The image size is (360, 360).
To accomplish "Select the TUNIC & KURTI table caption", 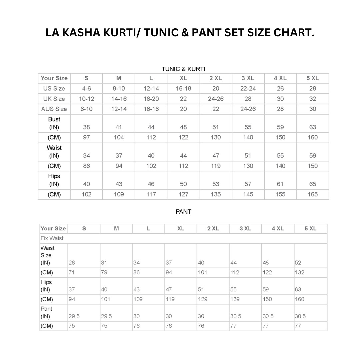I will (183, 69).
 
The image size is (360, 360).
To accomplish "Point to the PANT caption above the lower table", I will (183, 212).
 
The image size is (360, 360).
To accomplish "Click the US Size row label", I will (54, 88).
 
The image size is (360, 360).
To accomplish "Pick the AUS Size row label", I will (54, 109).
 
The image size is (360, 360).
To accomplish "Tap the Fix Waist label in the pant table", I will (52, 238).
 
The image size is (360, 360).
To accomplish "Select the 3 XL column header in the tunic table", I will (248, 78).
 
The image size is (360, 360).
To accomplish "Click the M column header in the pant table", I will (116, 229).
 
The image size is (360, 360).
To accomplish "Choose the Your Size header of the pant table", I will (53, 229).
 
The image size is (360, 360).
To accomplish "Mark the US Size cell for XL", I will (183, 88).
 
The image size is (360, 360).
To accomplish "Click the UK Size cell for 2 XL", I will (216, 99).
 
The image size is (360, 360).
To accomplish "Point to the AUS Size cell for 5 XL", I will (313, 109).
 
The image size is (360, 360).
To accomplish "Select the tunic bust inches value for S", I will (86, 127).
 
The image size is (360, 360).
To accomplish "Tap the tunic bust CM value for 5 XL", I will (313, 137).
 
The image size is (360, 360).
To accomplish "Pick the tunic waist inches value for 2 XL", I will (216, 156).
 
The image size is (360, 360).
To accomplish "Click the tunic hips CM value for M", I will (119, 194).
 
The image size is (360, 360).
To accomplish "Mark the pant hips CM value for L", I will (138, 299).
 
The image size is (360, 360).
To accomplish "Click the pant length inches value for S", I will (74, 316).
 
